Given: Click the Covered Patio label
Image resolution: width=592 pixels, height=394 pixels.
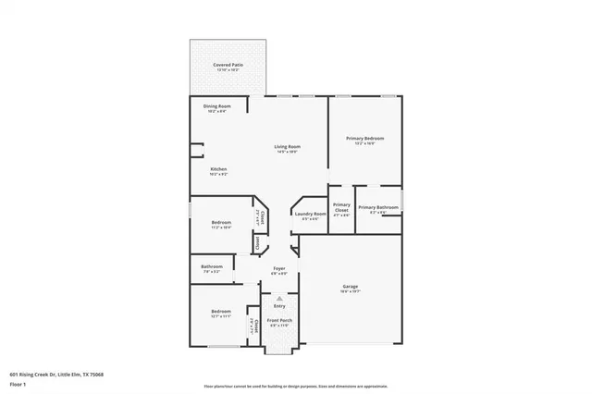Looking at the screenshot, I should pos(227,65).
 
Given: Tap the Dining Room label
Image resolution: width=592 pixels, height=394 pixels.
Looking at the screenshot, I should pos(217,106).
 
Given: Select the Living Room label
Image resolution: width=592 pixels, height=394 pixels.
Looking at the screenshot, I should pos(287,147).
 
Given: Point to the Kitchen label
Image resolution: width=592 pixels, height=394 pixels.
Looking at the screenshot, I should pos(218,169).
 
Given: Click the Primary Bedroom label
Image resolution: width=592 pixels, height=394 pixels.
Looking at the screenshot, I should pos(365,139).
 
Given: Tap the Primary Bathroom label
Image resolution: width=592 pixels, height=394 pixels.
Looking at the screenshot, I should pos(378,207).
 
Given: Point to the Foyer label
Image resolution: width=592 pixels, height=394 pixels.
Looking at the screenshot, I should pos(278,268).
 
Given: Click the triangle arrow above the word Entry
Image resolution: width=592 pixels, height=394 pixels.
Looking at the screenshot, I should pos(278,298).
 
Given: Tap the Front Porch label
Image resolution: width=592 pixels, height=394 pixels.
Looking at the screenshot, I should pos(278,321).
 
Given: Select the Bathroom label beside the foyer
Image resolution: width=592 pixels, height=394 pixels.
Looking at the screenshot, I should pos(212,267).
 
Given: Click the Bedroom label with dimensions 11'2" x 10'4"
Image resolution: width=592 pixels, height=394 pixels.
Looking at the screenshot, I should pos(220,223).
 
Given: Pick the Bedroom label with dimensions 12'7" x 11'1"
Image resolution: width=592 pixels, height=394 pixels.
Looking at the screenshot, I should pos(220,312).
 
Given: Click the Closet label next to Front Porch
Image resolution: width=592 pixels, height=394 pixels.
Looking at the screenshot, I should pos(252,324).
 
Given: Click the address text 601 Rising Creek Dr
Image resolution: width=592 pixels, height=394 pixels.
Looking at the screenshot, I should pos(56,375).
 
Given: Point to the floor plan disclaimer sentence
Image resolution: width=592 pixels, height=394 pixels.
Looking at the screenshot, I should pos(296,386).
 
